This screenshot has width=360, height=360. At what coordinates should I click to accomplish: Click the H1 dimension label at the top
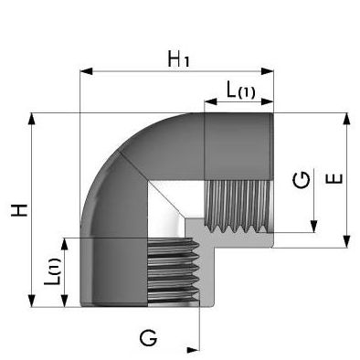pyautogui.click(x=179, y=59)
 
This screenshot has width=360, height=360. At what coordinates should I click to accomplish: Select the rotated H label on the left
pyautogui.click(x=19, y=210)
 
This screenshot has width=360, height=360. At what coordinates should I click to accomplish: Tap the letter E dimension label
pyautogui.click(x=334, y=179)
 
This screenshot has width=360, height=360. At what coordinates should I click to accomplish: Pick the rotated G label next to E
pyautogui.click(x=302, y=180)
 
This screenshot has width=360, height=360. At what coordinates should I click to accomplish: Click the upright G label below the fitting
pyautogui.click(x=148, y=337)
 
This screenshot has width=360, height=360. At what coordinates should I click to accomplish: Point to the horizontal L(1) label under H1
pyautogui.click(x=240, y=90)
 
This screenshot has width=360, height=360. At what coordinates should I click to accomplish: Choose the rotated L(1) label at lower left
pyautogui.click(x=52, y=271)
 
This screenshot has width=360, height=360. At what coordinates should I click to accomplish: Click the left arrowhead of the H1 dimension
pyautogui.click(x=86, y=71)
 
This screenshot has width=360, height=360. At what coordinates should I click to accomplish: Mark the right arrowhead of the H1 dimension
pyautogui.click(x=268, y=71)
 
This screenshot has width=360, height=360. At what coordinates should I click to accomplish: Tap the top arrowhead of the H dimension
pyautogui.click(x=31, y=119)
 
